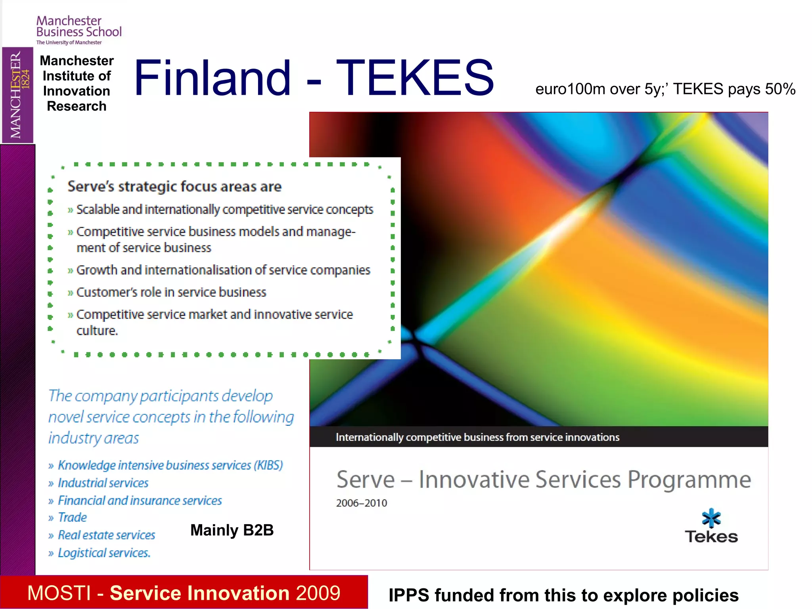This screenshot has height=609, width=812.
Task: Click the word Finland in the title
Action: coord(213,78)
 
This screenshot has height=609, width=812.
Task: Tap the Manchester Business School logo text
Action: coord(79,27)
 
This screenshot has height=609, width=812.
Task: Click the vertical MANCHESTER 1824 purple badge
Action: coord(17,95)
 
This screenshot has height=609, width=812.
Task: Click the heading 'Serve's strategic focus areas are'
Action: coord(174,186)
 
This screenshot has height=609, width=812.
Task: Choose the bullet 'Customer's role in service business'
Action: coord(171,292)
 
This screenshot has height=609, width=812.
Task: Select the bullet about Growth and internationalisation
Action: coord(223,270)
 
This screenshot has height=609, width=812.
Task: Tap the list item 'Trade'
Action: coord(72,517)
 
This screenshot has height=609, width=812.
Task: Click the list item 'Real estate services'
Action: coord(106,535)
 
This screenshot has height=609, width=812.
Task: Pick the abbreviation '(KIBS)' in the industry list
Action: coord(268,465)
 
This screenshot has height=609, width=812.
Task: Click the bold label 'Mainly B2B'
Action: coord(232,530)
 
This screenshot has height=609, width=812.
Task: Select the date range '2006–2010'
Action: coord(361,503)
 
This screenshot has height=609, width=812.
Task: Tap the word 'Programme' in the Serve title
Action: coord(689,480)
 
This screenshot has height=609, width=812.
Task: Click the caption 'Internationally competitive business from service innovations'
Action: coord(477,437)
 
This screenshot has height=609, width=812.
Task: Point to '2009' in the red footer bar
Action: coord(318,593)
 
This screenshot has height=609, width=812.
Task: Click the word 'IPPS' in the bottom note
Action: coord(409,595)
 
